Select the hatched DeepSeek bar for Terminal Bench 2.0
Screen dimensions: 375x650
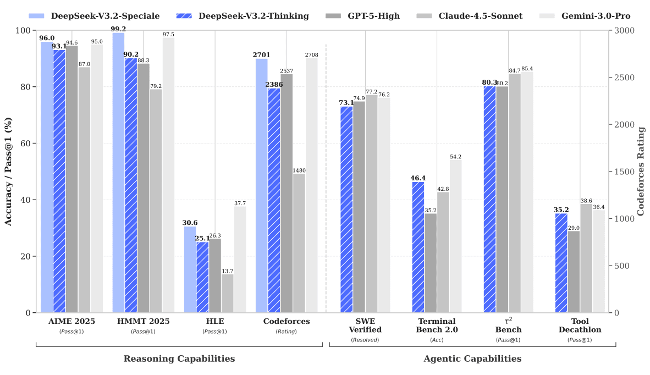click(x=418, y=247)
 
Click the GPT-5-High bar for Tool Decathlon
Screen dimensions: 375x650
click(x=574, y=272)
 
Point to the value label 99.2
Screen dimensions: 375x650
click(x=118, y=29)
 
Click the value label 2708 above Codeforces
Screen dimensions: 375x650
click(x=312, y=54)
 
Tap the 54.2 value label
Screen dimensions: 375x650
click(x=456, y=156)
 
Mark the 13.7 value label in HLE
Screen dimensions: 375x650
click(x=227, y=271)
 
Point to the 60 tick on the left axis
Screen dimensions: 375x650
click(x=26, y=144)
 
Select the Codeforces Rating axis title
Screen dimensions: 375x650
click(x=641, y=172)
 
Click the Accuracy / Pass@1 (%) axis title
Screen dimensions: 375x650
click(x=8, y=172)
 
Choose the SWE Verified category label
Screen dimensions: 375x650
click(x=365, y=326)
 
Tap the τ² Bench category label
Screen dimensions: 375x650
click(x=508, y=326)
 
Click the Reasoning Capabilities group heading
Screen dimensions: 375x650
click(x=179, y=359)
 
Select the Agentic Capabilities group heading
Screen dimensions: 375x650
click(x=472, y=359)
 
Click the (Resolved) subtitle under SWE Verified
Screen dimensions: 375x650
click(x=365, y=340)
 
